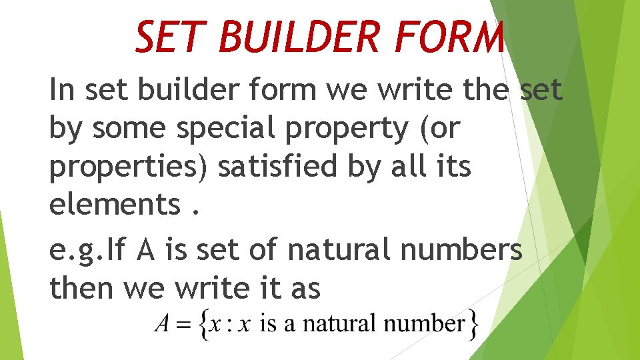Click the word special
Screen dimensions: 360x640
(221, 129)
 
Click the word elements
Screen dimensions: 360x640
(113, 205)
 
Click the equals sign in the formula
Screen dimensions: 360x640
(182, 325)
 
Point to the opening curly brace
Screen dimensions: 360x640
(201, 325)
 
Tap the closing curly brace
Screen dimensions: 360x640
(473, 325)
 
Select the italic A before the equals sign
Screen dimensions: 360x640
(161, 325)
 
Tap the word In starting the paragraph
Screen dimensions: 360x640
(62, 91)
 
